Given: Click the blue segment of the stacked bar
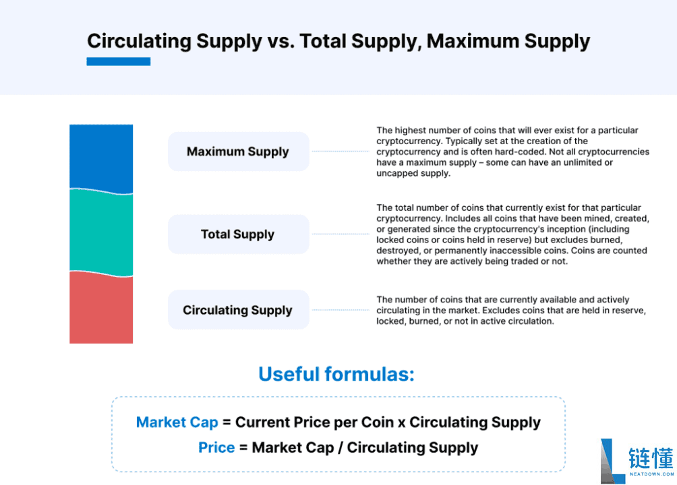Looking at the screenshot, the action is point(101,157).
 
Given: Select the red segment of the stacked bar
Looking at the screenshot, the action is point(101,308).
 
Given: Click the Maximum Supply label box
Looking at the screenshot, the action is point(238,152).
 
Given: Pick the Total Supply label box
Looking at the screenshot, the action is point(238,234).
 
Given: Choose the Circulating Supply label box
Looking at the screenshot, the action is point(238,310).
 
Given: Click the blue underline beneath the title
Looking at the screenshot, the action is point(118,62).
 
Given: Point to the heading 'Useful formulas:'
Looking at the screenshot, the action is point(336,374).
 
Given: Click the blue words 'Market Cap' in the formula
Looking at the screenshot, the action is point(177,422).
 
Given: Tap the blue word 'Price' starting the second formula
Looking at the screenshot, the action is point(216,447).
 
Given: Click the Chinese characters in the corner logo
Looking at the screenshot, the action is point(651,458).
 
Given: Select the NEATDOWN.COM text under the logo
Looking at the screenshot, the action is point(651,474).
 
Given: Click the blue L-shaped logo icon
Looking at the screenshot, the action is point(613,461).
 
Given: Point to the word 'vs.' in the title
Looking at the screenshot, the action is point(281,41).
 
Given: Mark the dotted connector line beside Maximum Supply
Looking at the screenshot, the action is point(341,152).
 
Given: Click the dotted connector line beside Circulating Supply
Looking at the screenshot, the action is point(341,310).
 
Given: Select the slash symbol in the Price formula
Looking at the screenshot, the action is point(341,448).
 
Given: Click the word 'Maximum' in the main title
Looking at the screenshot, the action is point(473,41).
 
